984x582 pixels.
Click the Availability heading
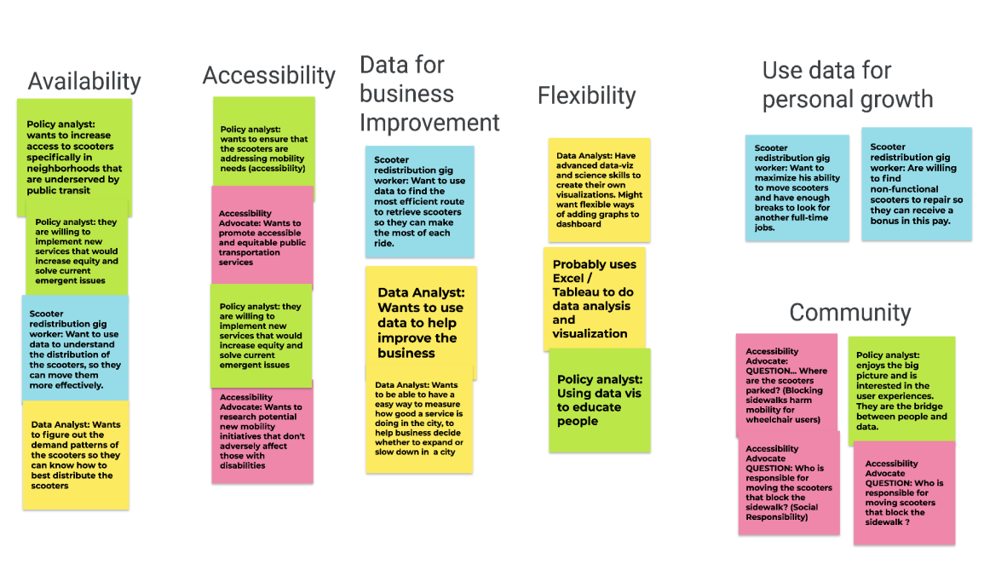[84, 82]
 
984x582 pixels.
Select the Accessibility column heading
[268, 76]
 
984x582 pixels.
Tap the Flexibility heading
[586, 95]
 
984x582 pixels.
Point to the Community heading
[849, 313]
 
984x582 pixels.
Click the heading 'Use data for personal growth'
[847, 85]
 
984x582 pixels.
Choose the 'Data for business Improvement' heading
[429, 94]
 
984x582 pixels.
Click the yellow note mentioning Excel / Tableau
[594, 299]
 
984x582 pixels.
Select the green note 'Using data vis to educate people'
[599, 400]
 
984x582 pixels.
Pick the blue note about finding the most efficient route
[419, 201]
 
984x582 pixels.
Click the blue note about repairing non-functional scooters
[916, 184]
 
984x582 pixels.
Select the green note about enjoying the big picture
[901, 389]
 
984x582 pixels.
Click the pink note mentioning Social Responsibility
[788, 482]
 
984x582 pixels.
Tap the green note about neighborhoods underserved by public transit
[74, 156]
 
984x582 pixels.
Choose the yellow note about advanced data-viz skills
[598, 190]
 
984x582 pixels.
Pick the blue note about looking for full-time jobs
[797, 187]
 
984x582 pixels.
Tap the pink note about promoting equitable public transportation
[262, 237]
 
